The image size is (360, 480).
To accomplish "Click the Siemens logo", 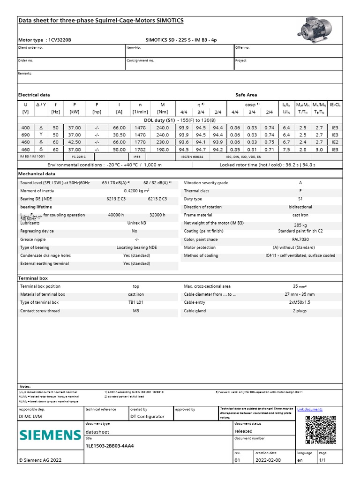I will [50, 435].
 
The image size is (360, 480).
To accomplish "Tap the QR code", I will [320, 430].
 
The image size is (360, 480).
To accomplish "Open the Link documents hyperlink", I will [310, 409].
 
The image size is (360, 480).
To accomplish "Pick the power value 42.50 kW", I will [75, 142].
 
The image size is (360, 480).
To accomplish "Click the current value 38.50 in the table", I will [119, 135].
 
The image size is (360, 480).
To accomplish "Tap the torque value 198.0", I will [162, 149].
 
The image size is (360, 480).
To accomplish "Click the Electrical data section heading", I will [34, 95].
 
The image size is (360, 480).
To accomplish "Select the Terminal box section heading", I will [33, 278].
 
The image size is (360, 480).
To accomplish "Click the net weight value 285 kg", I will [300, 225].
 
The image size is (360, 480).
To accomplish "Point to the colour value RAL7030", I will [300, 239].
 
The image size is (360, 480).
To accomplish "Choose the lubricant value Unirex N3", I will [136, 223].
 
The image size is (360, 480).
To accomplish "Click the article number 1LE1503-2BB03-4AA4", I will [110, 445].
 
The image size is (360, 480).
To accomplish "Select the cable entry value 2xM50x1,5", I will [300, 302].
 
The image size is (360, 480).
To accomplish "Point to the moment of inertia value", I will [136, 191].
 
